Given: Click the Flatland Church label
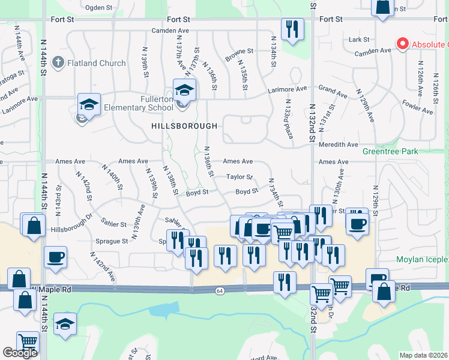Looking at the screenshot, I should tap(97, 63).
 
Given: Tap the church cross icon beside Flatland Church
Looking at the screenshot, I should tap(58, 62).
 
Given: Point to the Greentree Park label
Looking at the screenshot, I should tap(390, 152).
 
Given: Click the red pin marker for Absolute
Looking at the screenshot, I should tap(402, 44).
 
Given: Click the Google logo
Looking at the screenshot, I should tap(20, 353).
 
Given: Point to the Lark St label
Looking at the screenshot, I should tap(359, 40).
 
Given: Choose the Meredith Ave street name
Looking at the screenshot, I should tap(339, 145).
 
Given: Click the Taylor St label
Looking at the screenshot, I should tap(239, 177).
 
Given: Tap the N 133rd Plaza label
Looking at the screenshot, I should tap(288, 119).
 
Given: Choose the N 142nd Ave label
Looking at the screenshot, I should tap(103, 267).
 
